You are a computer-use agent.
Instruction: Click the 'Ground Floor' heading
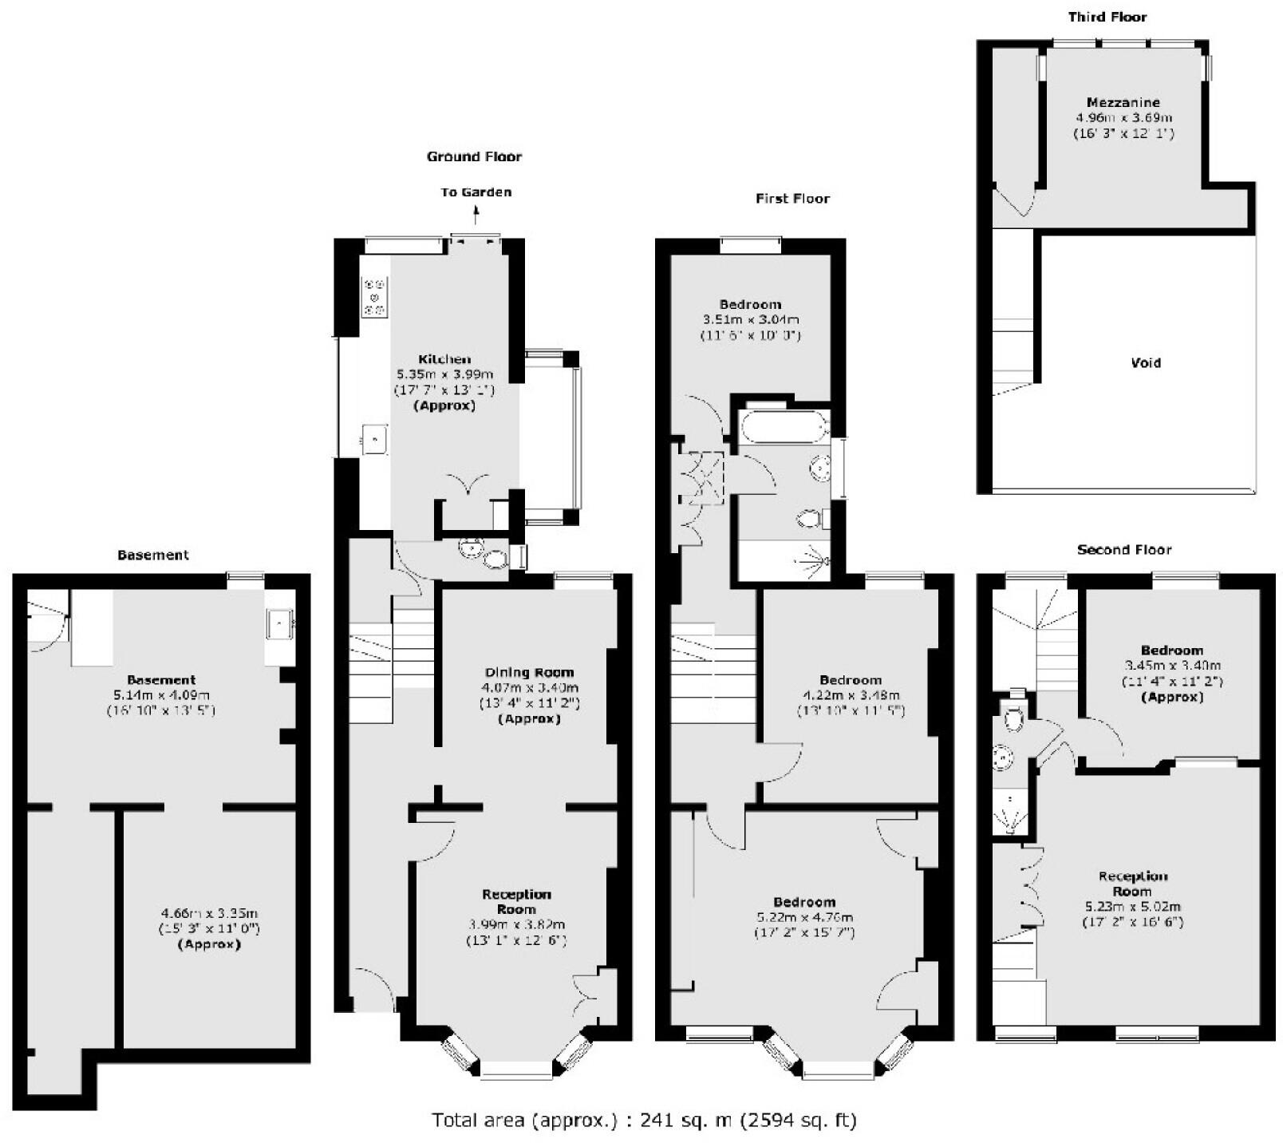[474, 156]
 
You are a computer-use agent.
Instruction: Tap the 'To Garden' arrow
[476, 213]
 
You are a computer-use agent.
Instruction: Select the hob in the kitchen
[374, 296]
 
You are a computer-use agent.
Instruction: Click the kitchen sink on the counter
[374, 439]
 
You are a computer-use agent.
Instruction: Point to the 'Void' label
[1146, 362]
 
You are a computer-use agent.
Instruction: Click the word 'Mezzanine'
[1123, 102]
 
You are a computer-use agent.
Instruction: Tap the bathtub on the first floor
[785, 427]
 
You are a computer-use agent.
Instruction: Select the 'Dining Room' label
[529, 672]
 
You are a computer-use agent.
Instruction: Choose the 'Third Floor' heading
[1107, 17]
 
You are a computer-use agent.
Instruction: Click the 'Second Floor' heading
[1123, 549]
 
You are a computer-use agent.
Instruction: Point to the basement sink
[280, 623]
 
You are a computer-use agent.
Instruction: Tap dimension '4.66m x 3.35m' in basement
[209, 913]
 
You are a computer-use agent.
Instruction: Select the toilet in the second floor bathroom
[1013, 719]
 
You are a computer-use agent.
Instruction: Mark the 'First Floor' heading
[792, 199]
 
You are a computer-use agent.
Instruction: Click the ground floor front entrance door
[373, 990]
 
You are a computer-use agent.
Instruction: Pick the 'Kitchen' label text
[444, 359]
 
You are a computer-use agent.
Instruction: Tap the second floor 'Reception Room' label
[1132, 884]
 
